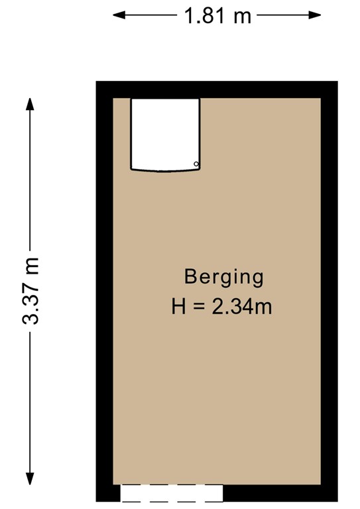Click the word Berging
pyautogui.click(x=223, y=278)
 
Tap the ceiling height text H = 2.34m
pyautogui.click(x=221, y=307)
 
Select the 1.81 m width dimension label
pyautogui.click(x=217, y=16)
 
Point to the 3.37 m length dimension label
pyautogui.click(x=31, y=291)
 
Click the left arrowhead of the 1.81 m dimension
pyautogui.click(x=119, y=15)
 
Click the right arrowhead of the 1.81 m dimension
pyautogui.click(x=315, y=15)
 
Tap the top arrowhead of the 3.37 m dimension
pyautogui.click(x=30, y=104)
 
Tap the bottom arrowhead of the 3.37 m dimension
pyautogui.click(x=30, y=479)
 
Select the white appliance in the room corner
pyautogui.click(x=165, y=135)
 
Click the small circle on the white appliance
pyautogui.click(x=196, y=164)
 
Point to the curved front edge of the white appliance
pyautogui.click(x=165, y=170)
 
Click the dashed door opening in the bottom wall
pyautogui.click(x=172, y=493)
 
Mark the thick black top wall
pyautogui.click(x=217, y=89)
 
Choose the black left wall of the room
pyautogui.click(x=105, y=292)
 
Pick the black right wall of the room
pyautogui.click(x=329, y=292)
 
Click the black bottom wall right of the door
pyautogui.click(x=280, y=493)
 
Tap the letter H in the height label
pyautogui.click(x=178, y=307)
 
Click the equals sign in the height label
pyautogui.click(x=198, y=307)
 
